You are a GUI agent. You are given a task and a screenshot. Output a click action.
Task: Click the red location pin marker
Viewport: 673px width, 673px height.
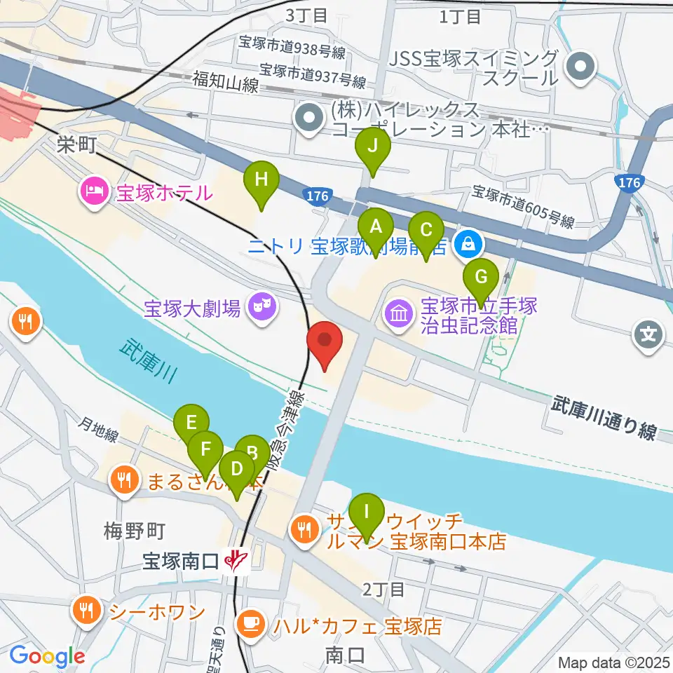click(x=325, y=343)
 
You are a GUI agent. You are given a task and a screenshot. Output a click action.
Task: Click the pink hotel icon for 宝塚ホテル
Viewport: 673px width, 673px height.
click(x=93, y=191)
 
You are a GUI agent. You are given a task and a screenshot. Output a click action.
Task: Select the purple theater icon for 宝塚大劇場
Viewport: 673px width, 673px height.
click(x=262, y=306)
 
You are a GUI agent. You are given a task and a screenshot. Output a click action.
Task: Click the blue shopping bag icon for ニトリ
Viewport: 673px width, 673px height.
click(x=465, y=244)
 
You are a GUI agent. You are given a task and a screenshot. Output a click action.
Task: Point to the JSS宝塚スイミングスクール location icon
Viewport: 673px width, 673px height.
click(x=582, y=68)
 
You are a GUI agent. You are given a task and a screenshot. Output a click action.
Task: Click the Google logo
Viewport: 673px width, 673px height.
click(x=47, y=656)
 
